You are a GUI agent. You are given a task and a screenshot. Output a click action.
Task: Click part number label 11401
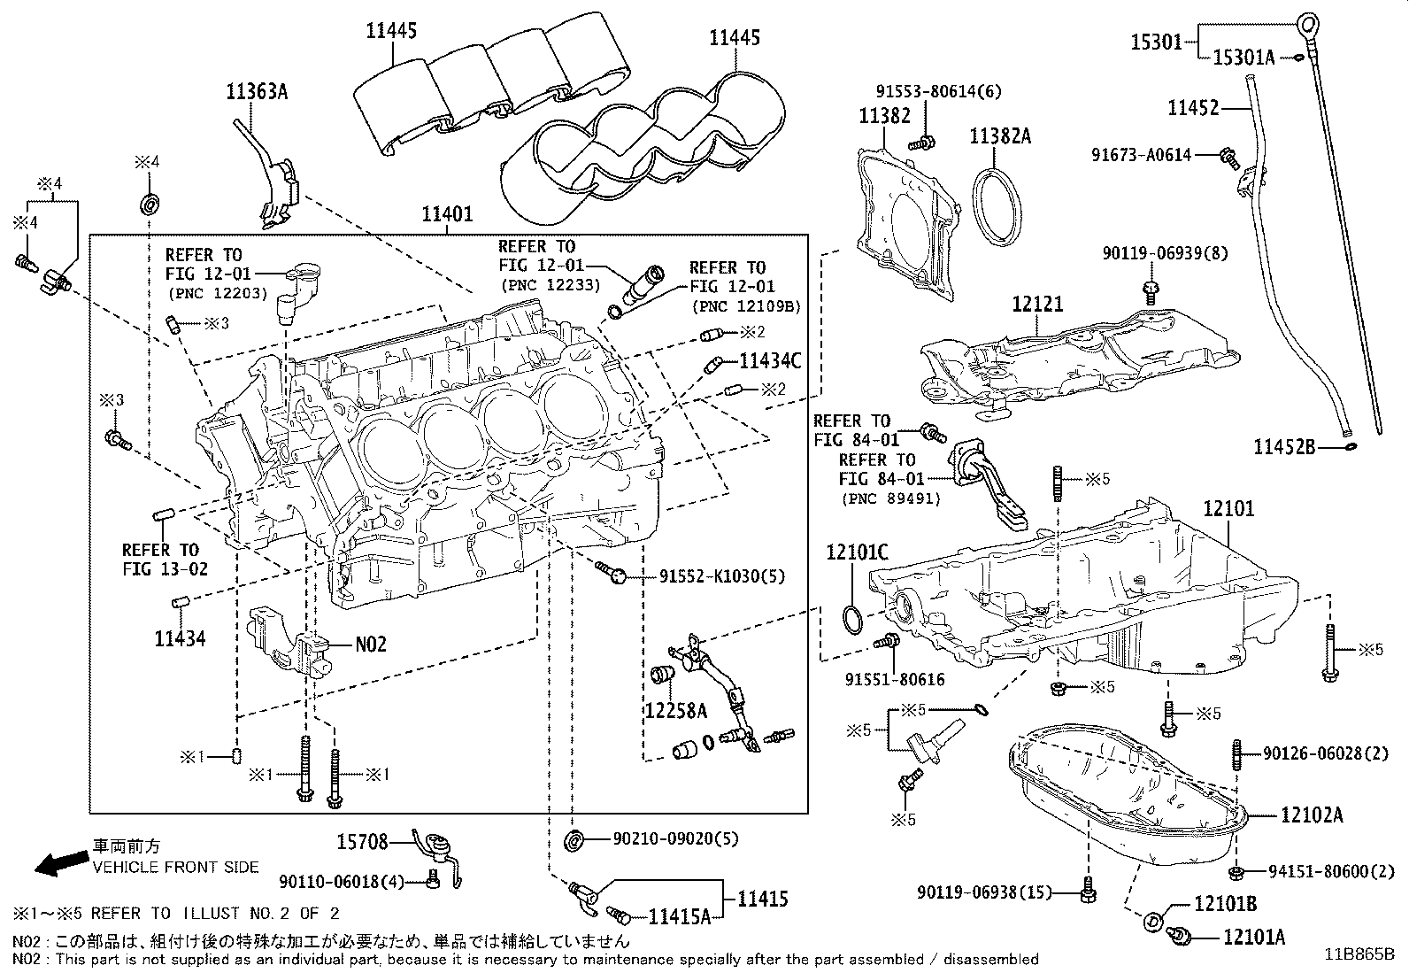pyautogui.click(x=447, y=214)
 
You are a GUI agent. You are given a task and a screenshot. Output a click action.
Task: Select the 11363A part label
pyautogui.click(x=257, y=91)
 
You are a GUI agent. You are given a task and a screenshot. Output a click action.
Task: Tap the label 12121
pyautogui.click(x=1037, y=304)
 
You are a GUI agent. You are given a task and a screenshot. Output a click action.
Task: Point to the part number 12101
pyautogui.click(x=1228, y=509)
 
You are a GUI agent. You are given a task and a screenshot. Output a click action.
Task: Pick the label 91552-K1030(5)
pyautogui.click(x=721, y=576)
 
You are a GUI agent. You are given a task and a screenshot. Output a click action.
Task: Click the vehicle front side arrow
pyautogui.click(x=57, y=861)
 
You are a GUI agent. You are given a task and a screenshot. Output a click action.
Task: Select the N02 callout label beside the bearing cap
pyautogui.click(x=371, y=645)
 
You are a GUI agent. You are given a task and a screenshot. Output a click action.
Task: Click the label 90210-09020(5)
pyautogui.click(x=675, y=838)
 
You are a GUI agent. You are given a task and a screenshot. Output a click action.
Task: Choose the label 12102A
pyautogui.click(x=1311, y=815)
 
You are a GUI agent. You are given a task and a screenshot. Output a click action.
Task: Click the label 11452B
pyautogui.click(x=1284, y=447)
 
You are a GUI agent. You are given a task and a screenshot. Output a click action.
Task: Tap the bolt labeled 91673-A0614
pyautogui.click(x=1228, y=158)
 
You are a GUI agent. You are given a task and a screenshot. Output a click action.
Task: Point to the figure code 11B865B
pyautogui.click(x=1359, y=954)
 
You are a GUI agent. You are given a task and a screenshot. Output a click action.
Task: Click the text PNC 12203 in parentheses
pyautogui.click(x=217, y=293)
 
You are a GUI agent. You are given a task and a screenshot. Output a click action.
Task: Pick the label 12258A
pyautogui.click(x=675, y=710)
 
